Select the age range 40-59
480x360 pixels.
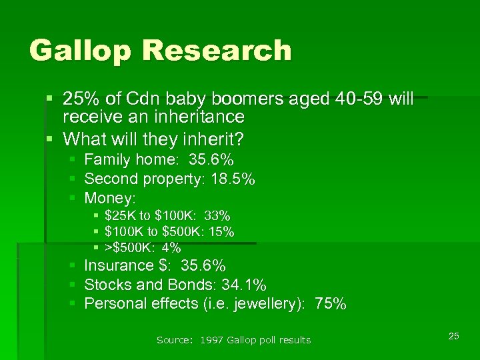click(x=353, y=99)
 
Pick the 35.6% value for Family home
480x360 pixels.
click(x=211, y=160)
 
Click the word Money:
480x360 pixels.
click(x=110, y=198)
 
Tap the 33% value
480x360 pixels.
click(x=217, y=215)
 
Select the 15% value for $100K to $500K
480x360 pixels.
click(x=221, y=231)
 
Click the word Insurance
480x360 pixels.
click(x=119, y=265)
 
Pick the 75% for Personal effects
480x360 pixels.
click(x=331, y=304)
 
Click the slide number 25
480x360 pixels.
click(x=453, y=336)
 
